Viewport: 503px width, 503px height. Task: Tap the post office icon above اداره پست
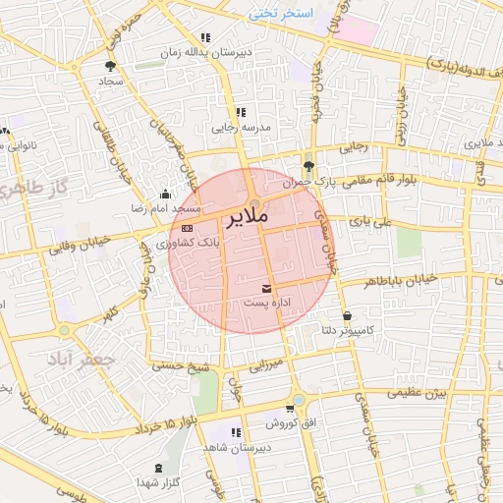(267, 287)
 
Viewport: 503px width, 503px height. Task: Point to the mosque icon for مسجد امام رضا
(164, 194)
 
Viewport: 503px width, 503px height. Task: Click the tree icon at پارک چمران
(309, 166)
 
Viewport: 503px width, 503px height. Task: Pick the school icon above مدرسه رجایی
(241, 112)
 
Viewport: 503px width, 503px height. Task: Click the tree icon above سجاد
(108, 66)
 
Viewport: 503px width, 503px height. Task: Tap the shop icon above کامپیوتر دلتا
(349, 315)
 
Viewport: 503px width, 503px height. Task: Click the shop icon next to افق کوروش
(289, 409)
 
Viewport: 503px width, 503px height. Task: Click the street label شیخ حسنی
(181, 365)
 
